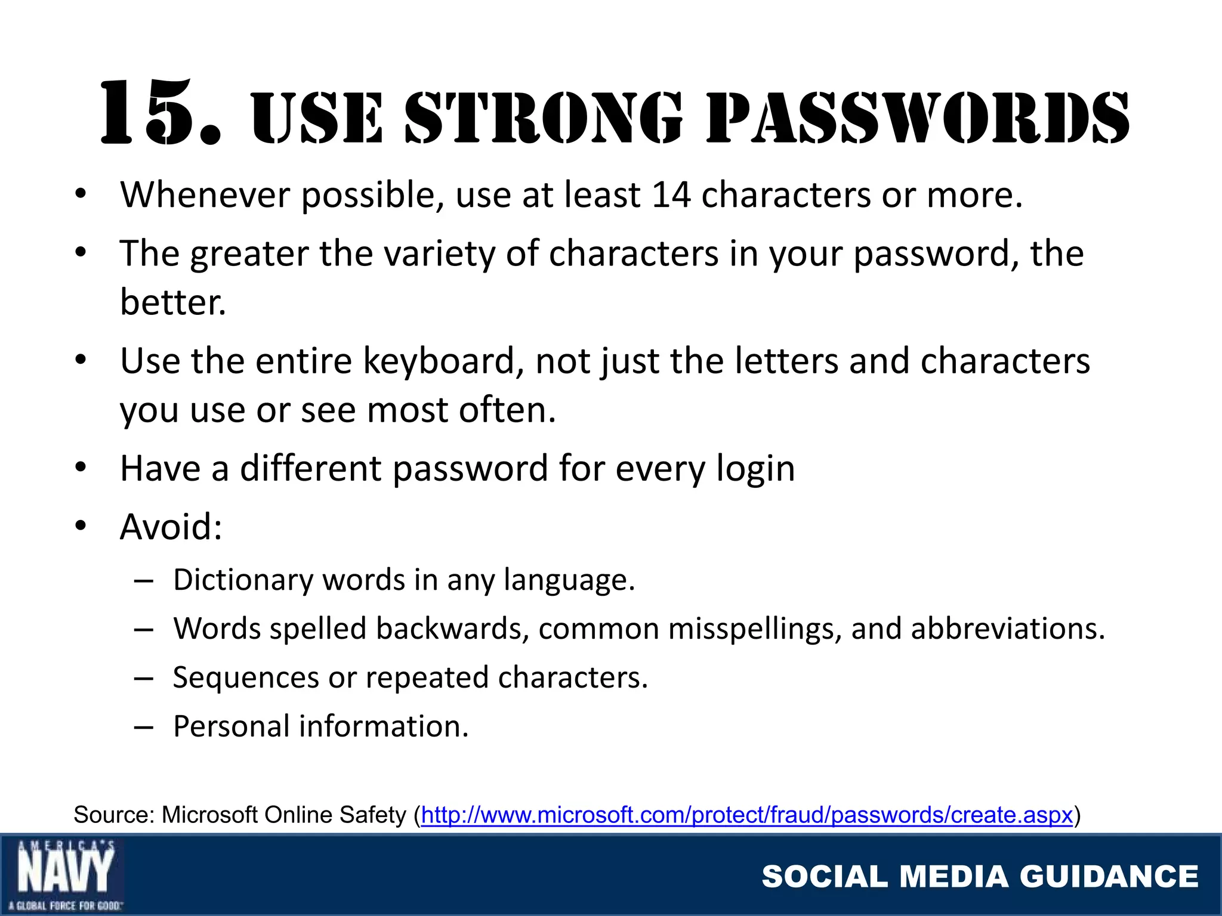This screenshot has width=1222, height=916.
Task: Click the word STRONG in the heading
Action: point(543,118)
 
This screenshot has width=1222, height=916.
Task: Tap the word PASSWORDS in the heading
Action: point(918,118)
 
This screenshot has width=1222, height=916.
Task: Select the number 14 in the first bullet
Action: point(671,195)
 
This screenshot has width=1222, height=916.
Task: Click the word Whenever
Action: point(205,195)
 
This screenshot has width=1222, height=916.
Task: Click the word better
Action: point(172,302)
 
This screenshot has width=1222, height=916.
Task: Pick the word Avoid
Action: point(171,527)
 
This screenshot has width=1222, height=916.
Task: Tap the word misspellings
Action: point(754,629)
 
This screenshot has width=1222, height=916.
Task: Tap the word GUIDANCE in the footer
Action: point(1109,877)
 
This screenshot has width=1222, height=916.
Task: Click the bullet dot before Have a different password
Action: point(81,468)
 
